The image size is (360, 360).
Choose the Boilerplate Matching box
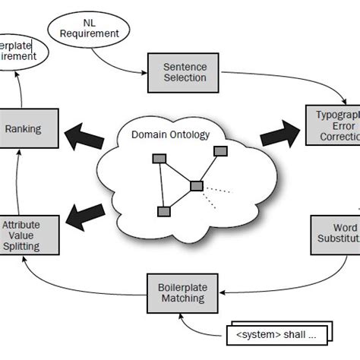(182, 292)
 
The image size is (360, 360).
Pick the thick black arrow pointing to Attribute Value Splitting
(84, 215)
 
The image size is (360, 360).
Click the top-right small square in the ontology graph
(220, 151)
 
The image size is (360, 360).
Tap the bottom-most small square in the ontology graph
(161, 210)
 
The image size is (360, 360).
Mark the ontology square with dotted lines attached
(197, 185)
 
